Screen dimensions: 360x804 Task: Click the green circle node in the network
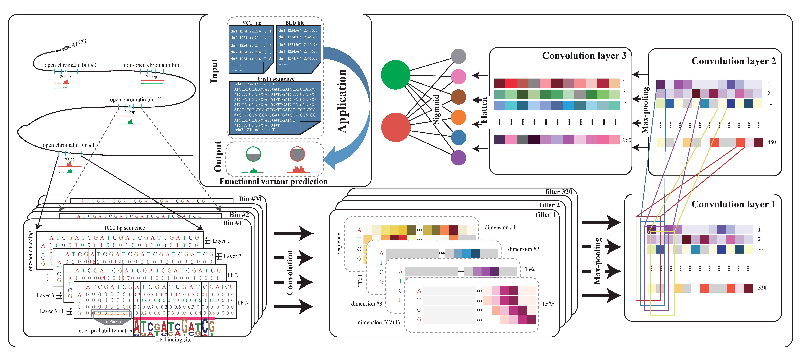click(395, 75)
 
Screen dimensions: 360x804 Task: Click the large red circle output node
click(395, 127)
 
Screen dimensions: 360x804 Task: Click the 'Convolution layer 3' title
click(584, 56)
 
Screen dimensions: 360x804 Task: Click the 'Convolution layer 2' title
click(733, 61)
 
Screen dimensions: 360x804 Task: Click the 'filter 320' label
click(558, 192)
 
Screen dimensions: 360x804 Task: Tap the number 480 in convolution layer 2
click(772, 142)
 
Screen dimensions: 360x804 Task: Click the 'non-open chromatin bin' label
click(151, 65)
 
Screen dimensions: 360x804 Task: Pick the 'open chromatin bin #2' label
click(136, 100)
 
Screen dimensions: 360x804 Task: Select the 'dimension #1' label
click(500, 227)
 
